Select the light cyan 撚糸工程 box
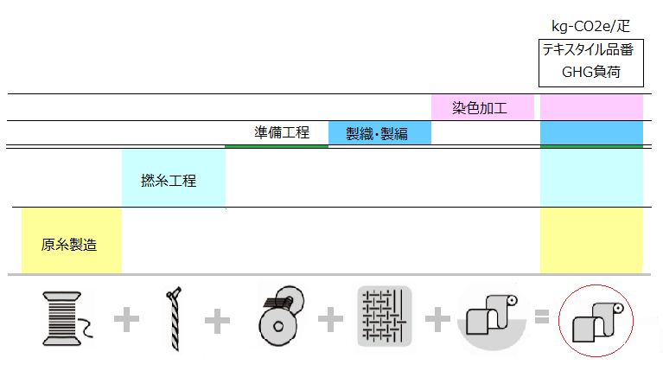173,178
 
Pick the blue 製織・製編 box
379,133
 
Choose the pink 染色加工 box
480,108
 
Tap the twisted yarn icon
173,319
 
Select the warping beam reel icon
281,319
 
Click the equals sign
542,318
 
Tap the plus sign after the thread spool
126,320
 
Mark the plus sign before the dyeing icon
438,320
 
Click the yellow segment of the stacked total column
591,240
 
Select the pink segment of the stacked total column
591,108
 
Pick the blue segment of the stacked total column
591,132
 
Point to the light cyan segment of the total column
591,177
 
